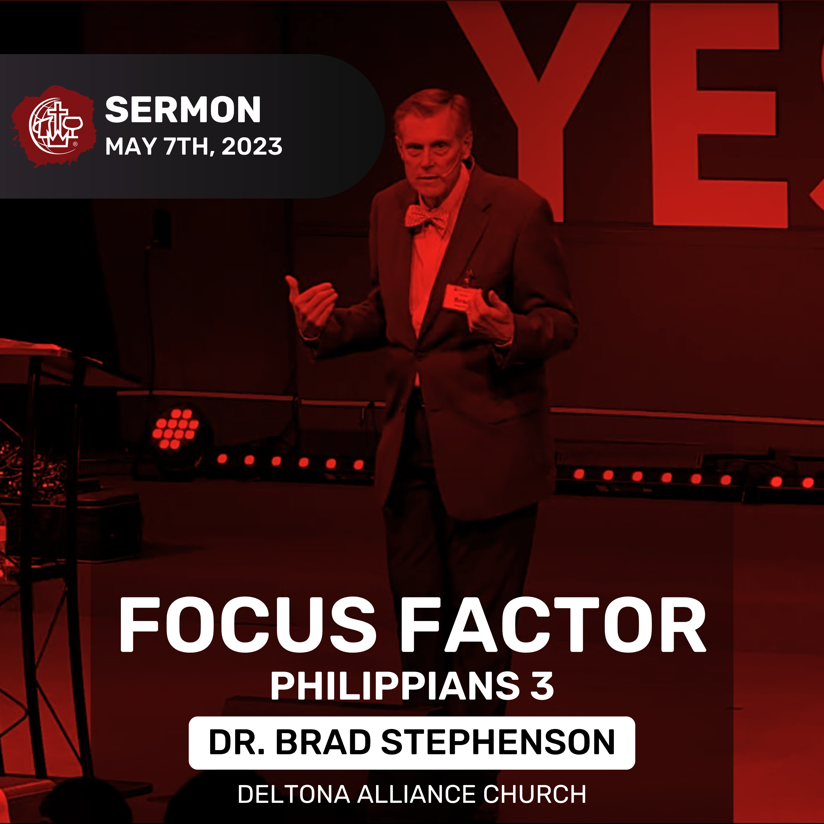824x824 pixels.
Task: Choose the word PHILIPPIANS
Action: tap(394, 686)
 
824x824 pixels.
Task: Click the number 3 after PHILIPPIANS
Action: tap(542, 686)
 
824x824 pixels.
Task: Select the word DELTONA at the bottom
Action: tap(294, 794)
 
